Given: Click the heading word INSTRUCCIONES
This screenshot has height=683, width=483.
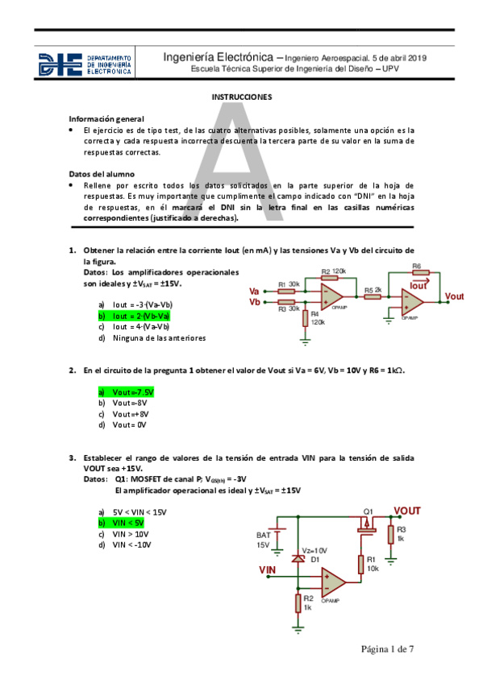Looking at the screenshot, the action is [241, 97].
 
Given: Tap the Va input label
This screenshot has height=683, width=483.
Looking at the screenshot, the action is [255, 291].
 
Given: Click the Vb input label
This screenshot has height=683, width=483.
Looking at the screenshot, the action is [255, 302].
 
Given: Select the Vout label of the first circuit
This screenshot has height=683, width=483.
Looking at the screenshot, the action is [454, 296].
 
